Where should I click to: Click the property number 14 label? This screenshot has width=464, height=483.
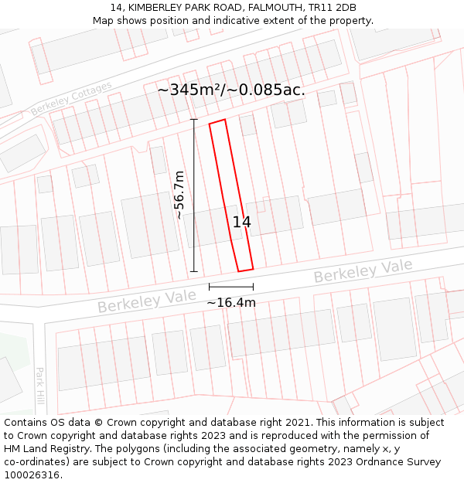241,223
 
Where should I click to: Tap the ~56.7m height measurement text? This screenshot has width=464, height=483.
179,196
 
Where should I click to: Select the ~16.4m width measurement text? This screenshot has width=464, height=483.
230,302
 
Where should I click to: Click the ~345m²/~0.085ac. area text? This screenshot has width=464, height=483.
231,90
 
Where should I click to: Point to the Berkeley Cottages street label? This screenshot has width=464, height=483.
71,99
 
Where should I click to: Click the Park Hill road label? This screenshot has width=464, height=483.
40,386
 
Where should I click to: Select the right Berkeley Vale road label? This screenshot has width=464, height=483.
363,271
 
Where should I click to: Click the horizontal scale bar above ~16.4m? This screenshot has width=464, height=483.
230,287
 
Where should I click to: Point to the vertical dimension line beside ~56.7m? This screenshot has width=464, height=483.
193,196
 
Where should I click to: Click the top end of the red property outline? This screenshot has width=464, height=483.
217,122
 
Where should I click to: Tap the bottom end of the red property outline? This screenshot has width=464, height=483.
245,269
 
